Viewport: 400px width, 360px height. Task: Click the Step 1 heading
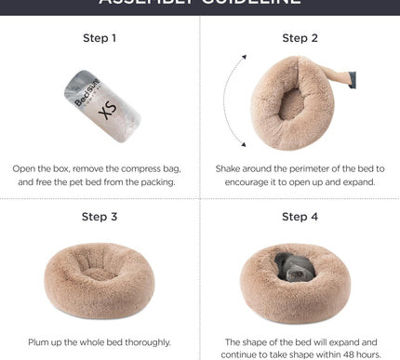(x=100, y=39)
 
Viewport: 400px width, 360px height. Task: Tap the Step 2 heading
(x=300, y=39)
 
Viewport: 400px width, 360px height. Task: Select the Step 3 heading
(x=100, y=217)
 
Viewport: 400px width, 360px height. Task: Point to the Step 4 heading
(x=300, y=217)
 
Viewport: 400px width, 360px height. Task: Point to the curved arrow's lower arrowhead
(x=245, y=144)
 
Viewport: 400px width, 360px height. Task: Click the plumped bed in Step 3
(x=100, y=282)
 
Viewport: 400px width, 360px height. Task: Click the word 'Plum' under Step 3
(x=42, y=342)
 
